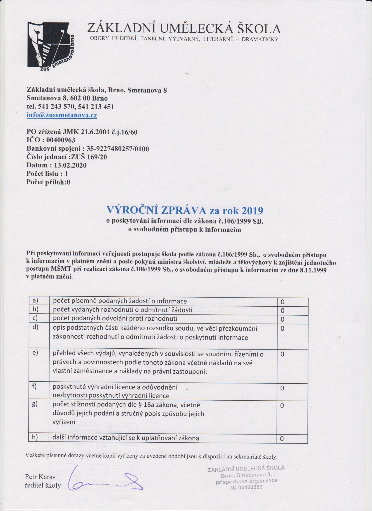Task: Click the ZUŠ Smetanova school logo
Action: click(51, 46)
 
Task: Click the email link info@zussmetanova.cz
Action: click(62, 115)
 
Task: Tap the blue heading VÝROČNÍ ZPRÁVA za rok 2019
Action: click(186, 210)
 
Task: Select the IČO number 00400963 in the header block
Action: click(61, 140)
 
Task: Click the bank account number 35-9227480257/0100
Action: click(118, 149)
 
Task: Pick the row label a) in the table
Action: click(36, 301)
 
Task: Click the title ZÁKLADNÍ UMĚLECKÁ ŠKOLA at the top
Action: click(184, 29)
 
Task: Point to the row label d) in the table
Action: click(36, 327)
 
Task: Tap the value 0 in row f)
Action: click(282, 388)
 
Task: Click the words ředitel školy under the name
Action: click(43, 485)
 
